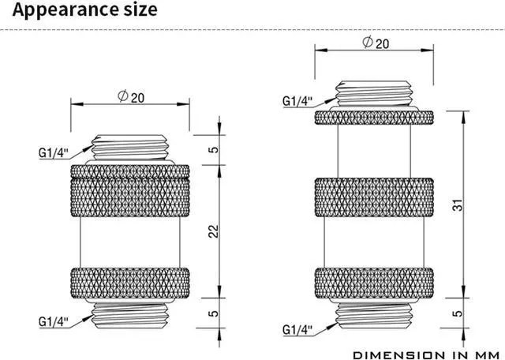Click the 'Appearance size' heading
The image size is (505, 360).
pyautogui.click(x=84, y=9)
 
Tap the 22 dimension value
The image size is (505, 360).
pyautogui.click(x=213, y=231)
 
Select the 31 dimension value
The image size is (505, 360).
pyautogui.click(x=458, y=205)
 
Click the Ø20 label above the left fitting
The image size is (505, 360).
pyautogui.click(x=131, y=96)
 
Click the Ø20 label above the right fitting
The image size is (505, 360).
pyautogui.click(x=376, y=43)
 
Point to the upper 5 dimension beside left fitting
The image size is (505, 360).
pyautogui.click(x=214, y=149)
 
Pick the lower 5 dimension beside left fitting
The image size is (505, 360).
pyautogui.click(x=214, y=313)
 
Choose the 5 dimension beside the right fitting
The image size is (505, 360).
pyautogui.click(x=458, y=313)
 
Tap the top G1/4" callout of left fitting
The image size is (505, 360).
pyautogui.click(x=54, y=153)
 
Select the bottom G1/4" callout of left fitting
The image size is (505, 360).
pyautogui.click(x=54, y=321)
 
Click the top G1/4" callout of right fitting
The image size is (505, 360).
pyautogui.click(x=297, y=101)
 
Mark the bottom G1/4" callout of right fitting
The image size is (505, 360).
pyautogui.click(x=297, y=329)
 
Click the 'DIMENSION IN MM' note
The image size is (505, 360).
pyautogui.click(x=427, y=355)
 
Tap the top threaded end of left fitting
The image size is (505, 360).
pyautogui.click(x=130, y=148)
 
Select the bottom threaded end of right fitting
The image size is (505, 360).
pyautogui.click(x=374, y=316)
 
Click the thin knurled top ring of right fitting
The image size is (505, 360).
pyautogui.click(x=374, y=118)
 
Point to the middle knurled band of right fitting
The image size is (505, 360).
pyautogui.click(x=374, y=197)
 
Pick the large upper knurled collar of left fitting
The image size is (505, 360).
pyautogui.click(x=130, y=190)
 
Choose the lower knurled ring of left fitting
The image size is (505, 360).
pyautogui.click(x=130, y=283)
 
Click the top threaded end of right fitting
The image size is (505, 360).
pyautogui.click(x=374, y=93)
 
